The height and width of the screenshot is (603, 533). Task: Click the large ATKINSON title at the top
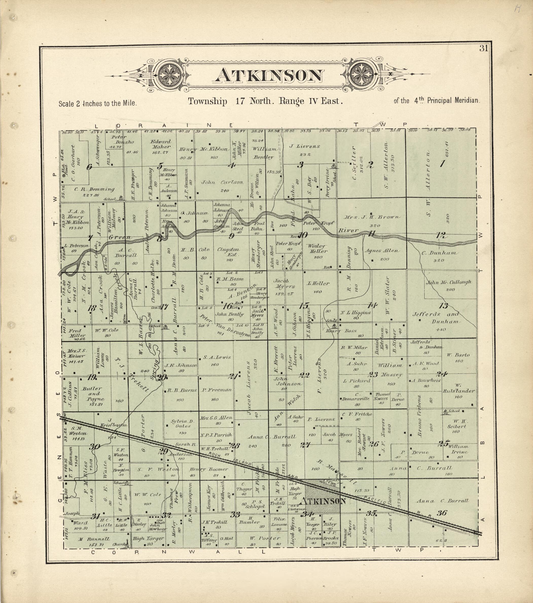[x=268, y=76]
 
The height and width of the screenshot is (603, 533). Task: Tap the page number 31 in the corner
[x=484, y=49]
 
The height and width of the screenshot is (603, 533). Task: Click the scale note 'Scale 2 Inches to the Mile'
[x=98, y=104]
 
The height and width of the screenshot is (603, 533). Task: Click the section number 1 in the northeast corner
[x=442, y=163]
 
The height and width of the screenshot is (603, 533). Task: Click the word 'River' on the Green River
[x=348, y=230]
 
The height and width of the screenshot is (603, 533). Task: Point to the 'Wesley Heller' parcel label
[x=317, y=248]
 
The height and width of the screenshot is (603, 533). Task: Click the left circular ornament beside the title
[x=170, y=76]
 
